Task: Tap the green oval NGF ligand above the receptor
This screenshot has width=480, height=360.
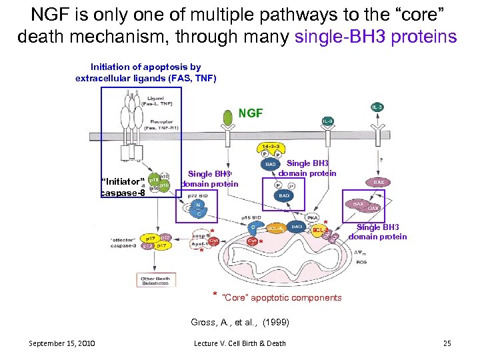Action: pos(229,117)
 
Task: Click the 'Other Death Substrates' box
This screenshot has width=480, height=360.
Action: pos(155,281)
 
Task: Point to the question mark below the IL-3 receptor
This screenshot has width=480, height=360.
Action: pos(380,158)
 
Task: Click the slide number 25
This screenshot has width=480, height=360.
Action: pos(447,343)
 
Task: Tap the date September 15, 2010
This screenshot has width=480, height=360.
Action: pos(61,343)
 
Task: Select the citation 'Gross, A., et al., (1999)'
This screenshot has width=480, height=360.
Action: pos(240,322)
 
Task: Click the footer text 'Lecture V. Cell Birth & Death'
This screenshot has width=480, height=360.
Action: pos(239,343)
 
